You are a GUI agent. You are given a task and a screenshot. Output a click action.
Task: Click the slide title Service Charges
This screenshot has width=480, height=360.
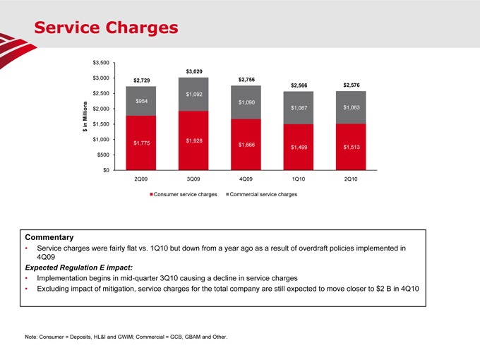(x=106, y=28)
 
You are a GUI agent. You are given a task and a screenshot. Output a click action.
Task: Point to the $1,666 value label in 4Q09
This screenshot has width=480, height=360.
(x=246, y=145)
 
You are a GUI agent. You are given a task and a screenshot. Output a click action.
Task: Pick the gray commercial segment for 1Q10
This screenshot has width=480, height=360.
(x=299, y=108)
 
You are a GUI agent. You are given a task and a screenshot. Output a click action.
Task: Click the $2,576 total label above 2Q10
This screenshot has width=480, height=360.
(x=351, y=85)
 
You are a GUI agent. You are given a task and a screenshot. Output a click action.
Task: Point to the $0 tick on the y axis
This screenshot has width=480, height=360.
(x=106, y=170)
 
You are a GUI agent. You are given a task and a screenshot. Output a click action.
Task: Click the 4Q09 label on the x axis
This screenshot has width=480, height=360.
(x=246, y=179)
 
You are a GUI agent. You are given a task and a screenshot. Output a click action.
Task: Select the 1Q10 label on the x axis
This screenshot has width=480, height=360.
(x=299, y=179)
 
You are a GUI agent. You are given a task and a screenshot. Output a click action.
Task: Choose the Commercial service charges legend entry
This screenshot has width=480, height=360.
(x=262, y=194)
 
